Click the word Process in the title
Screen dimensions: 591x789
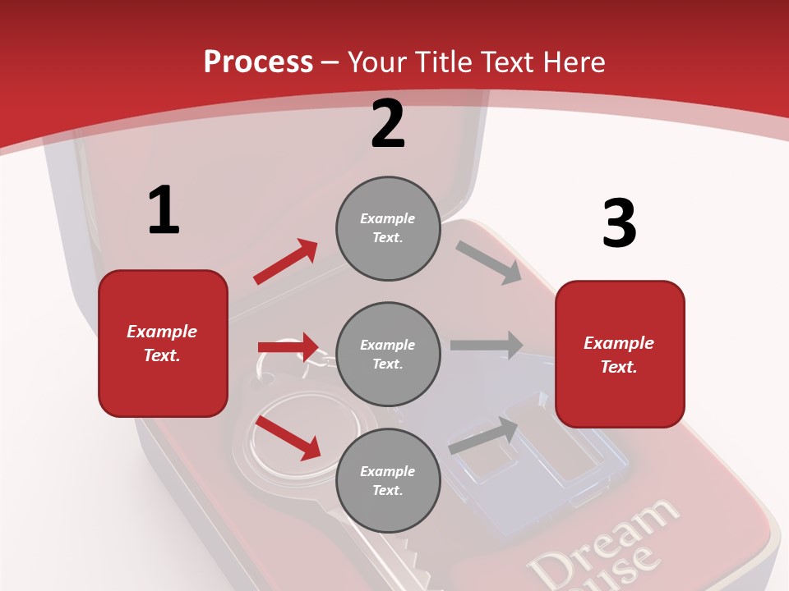(x=258, y=62)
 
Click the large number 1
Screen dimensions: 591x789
(x=164, y=211)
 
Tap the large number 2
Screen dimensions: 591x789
(x=388, y=124)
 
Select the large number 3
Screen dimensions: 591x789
(x=619, y=223)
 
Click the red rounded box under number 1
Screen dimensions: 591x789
(x=163, y=343)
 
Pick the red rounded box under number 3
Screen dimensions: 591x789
(x=620, y=354)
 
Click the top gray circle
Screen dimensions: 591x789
(x=388, y=228)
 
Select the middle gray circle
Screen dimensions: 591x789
(x=388, y=354)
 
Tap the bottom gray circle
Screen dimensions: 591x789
(x=388, y=480)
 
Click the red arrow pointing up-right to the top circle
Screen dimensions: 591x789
(x=285, y=262)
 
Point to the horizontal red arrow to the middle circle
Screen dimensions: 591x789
(x=288, y=347)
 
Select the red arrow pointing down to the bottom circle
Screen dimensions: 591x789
(x=288, y=437)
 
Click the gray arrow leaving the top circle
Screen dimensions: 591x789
(x=489, y=263)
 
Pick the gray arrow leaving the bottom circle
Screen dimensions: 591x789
(x=483, y=435)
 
